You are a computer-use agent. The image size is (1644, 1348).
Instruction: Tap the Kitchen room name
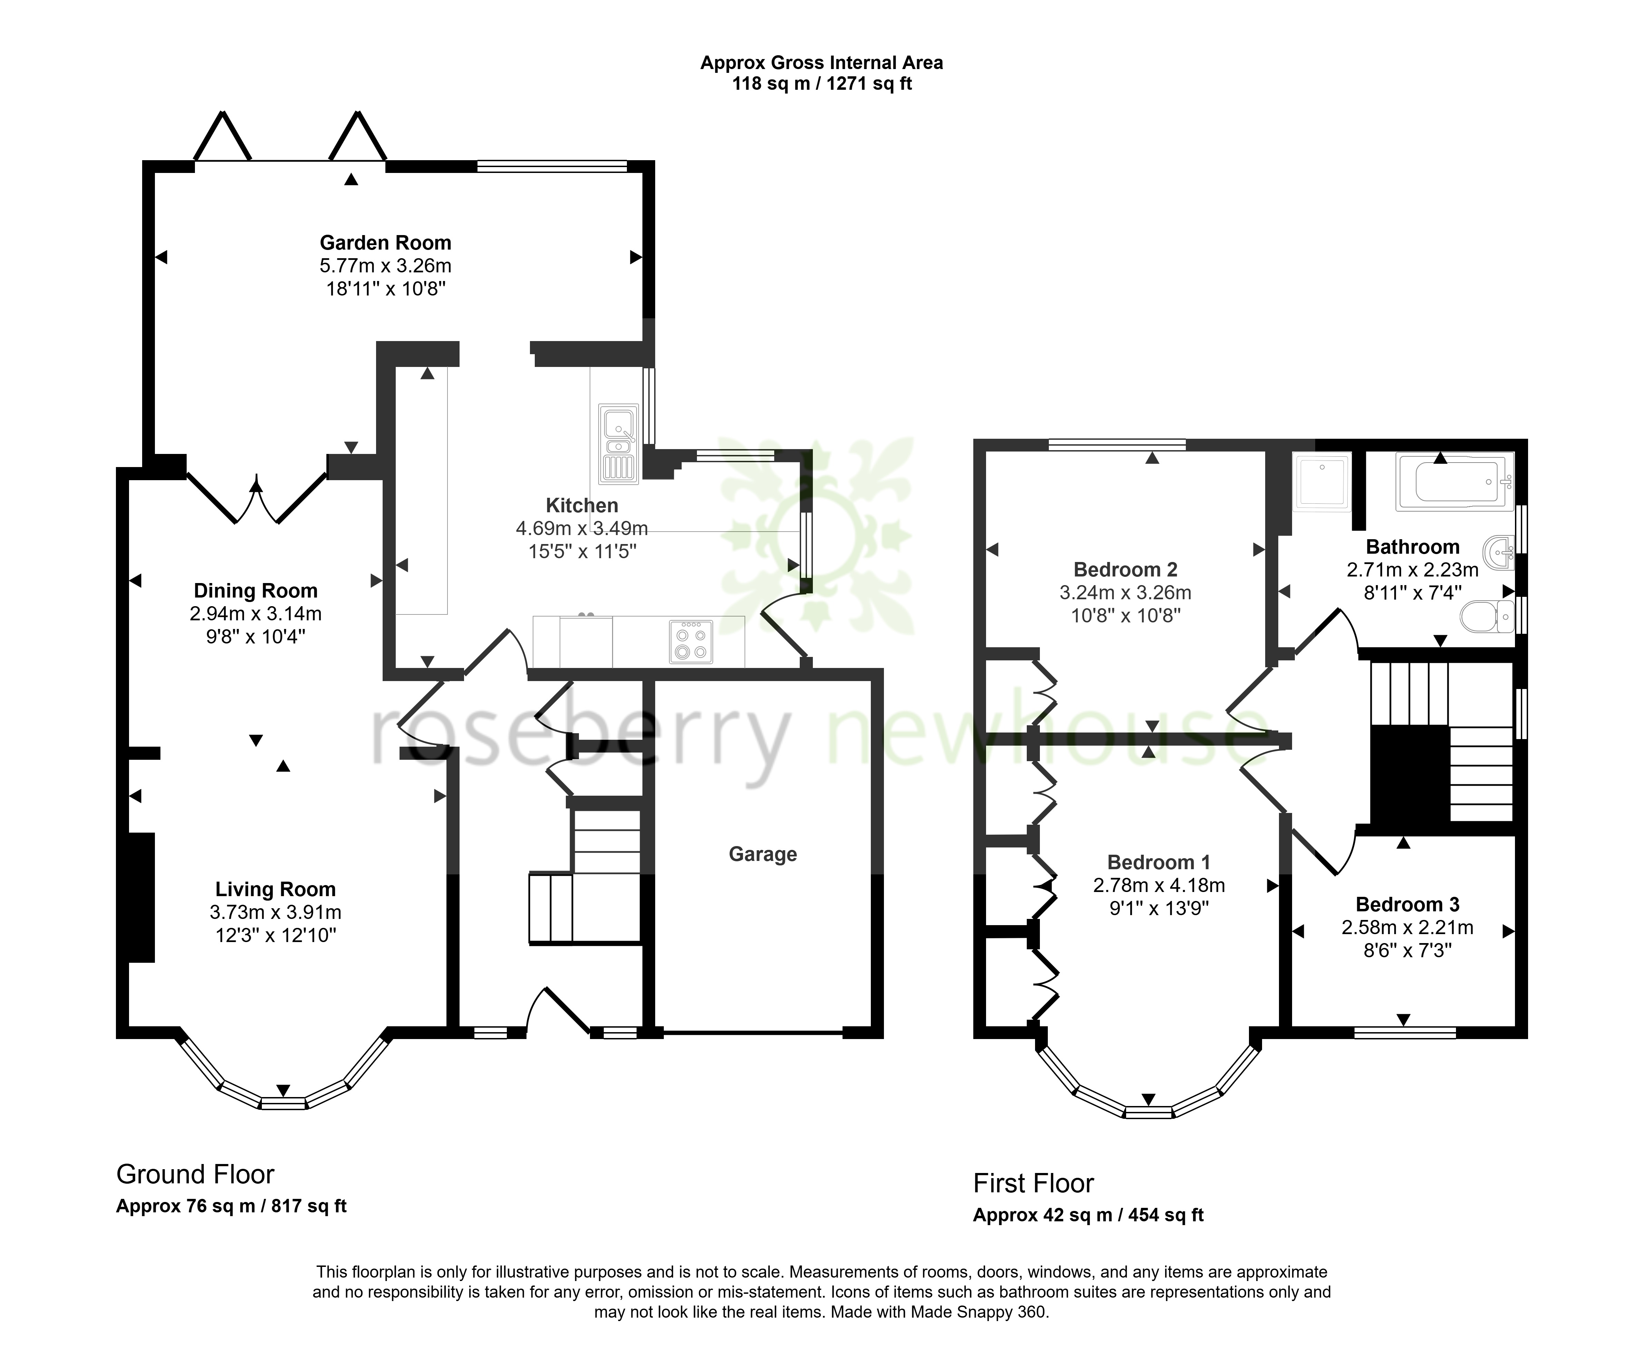coord(582,505)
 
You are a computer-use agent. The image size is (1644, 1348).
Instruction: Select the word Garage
coord(763,854)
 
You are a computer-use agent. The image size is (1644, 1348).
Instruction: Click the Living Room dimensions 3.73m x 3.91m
coord(276,912)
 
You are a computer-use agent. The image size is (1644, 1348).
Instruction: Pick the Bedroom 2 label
coord(1125,570)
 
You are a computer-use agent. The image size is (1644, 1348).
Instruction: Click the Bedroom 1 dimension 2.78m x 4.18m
coord(1159,885)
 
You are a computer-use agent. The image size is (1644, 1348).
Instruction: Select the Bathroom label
coord(1413,547)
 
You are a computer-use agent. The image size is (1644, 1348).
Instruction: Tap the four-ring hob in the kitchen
coord(691,641)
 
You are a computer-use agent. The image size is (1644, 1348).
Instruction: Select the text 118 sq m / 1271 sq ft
coord(822,84)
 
